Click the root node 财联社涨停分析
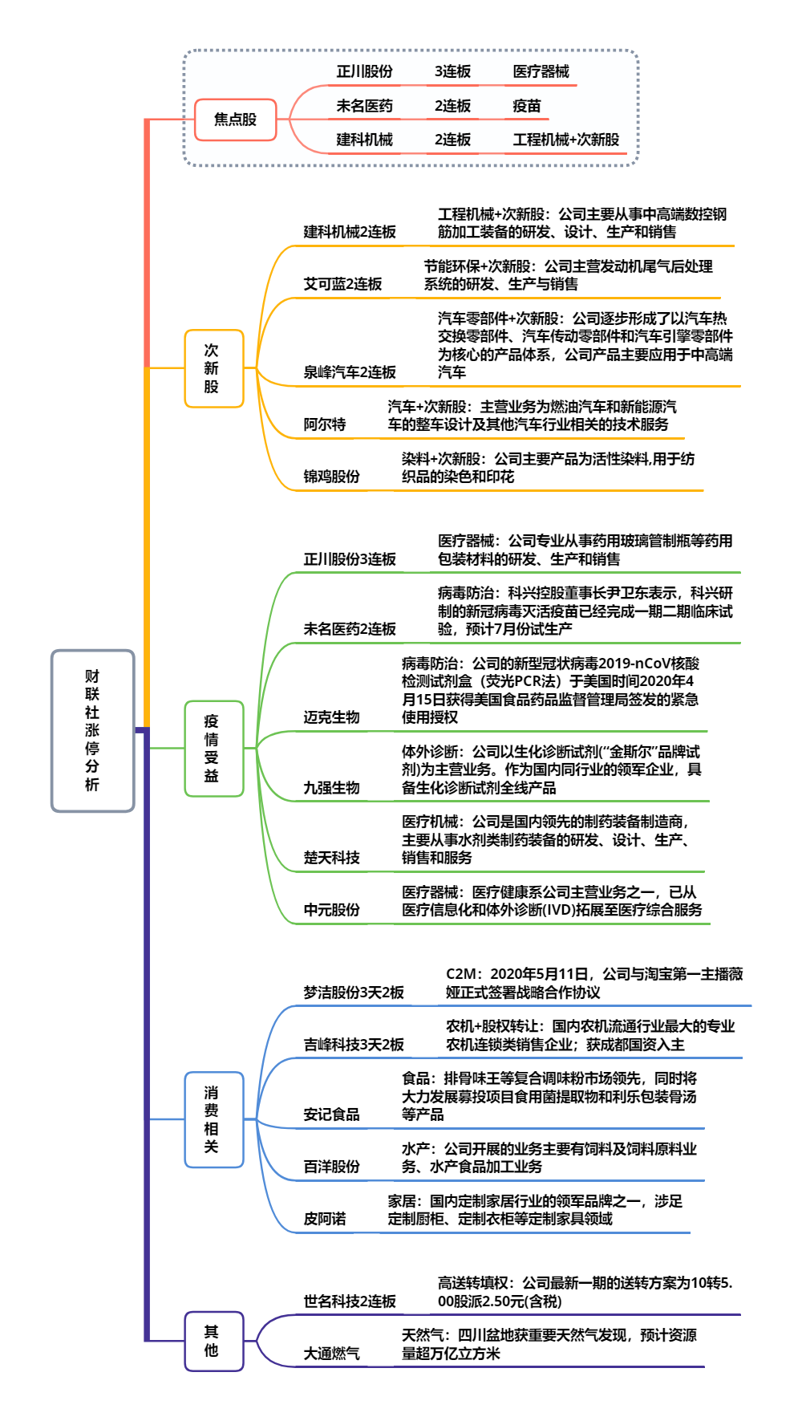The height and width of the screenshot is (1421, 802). [x=92, y=730]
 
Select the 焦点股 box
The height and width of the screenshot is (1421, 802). [x=235, y=120]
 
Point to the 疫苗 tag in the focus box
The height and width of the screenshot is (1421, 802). [x=527, y=106]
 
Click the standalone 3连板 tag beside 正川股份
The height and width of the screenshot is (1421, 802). [x=452, y=71]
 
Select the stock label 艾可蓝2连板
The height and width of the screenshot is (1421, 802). [x=342, y=284]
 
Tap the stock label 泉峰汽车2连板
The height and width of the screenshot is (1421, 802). [x=350, y=372]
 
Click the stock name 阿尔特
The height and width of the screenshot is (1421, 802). [x=325, y=424]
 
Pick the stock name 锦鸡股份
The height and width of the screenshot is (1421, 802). [x=331, y=477]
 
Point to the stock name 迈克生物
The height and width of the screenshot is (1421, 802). [x=331, y=717]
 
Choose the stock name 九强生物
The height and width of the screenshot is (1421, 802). [x=331, y=788]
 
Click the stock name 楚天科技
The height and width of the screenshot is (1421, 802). [x=331, y=858]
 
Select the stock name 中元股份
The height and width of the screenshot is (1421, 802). [x=331, y=910]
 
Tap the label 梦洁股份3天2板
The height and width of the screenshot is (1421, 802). [x=354, y=993]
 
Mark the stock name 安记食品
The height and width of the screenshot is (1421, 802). [x=331, y=1114]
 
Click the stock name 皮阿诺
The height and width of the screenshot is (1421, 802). [x=325, y=1219]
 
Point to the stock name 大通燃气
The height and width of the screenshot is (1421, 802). [x=331, y=1354]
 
